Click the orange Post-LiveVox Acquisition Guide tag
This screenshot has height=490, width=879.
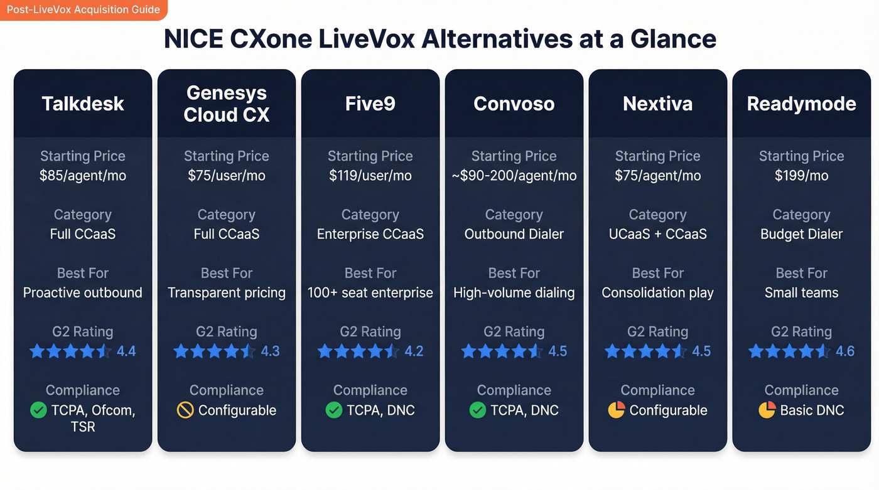pyautogui.click(x=84, y=10)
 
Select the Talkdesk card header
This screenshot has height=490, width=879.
pyautogui.click(x=83, y=104)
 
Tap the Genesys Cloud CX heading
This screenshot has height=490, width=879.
pyautogui.click(x=226, y=104)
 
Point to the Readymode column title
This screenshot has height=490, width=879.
pyautogui.click(x=801, y=104)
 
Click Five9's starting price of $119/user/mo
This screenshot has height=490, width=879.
pyautogui.click(x=370, y=176)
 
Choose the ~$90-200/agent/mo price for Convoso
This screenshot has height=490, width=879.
pyautogui.click(x=514, y=176)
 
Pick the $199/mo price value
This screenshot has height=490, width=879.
pyautogui.click(x=801, y=176)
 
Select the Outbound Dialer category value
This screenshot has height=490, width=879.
pyautogui.click(x=514, y=234)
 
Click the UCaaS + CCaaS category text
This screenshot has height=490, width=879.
pyautogui.click(x=657, y=234)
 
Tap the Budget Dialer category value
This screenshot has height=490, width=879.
pyautogui.click(x=801, y=234)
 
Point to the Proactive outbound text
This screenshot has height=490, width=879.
pyautogui.click(x=83, y=292)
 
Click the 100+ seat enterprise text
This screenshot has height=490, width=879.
pyautogui.click(x=370, y=292)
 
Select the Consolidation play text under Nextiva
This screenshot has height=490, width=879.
pyautogui.click(x=657, y=292)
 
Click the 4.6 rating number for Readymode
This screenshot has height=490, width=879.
pyautogui.click(x=845, y=351)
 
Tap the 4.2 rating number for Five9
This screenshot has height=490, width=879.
pyautogui.click(x=414, y=351)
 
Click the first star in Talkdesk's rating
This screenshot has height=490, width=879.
pyautogui.click(x=38, y=351)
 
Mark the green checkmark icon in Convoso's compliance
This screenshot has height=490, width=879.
pyautogui.click(x=478, y=410)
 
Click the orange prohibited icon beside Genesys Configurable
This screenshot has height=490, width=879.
pyautogui.click(x=185, y=410)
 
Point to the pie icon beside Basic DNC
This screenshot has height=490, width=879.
pyautogui.click(x=767, y=410)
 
